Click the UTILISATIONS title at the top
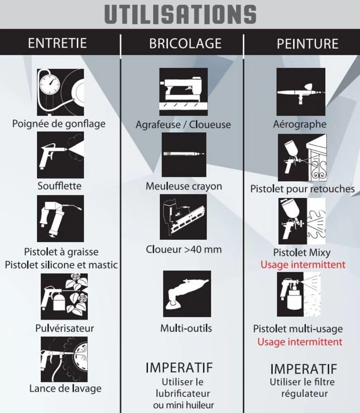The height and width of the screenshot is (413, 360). (180, 14)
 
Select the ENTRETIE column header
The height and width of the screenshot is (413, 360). (57, 43)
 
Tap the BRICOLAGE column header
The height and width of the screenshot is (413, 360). (185, 43)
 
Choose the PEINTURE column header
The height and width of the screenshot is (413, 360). (308, 44)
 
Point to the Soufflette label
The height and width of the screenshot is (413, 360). (59, 186)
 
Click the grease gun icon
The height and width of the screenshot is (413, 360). (60, 218)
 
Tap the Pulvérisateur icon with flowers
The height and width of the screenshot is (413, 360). (64, 296)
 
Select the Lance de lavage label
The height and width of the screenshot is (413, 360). (65, 389)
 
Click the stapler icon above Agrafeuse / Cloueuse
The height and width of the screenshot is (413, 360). (183, 92)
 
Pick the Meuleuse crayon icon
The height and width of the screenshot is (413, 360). (184, 154)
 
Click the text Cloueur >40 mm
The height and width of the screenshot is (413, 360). (184, 249)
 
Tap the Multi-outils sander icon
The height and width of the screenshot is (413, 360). (187, 294)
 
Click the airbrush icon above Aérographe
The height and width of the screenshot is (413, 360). (301, 92)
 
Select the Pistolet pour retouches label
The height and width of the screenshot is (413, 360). (303, 189)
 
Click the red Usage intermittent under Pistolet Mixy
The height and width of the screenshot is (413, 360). (303, 265)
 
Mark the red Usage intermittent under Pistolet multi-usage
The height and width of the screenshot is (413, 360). (300, 342)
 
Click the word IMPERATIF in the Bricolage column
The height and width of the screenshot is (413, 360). (179, 368)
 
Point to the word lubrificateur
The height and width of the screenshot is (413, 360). (183, 394)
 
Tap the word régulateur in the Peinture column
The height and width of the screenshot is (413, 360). (304, 394)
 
